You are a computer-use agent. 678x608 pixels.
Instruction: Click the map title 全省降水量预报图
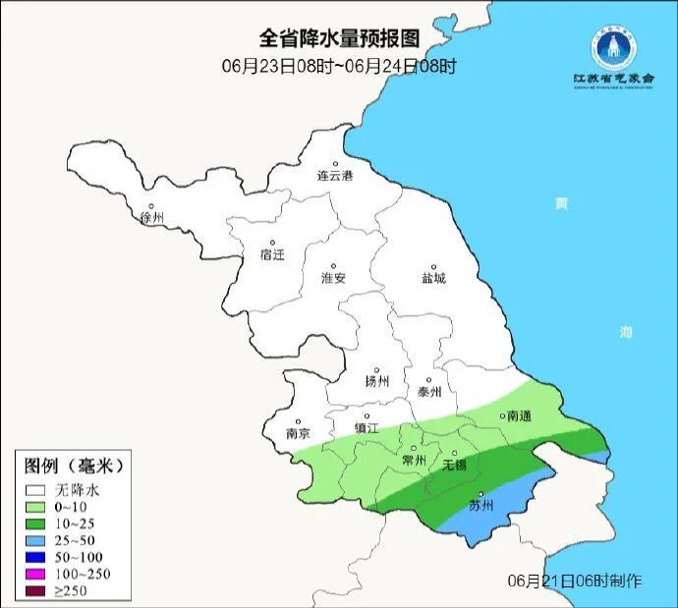(339, 38)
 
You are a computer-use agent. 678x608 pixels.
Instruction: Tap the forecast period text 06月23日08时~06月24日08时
(339, 66)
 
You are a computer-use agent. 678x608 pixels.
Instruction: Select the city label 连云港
(334, 176)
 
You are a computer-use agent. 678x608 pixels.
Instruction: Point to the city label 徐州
(152, 217)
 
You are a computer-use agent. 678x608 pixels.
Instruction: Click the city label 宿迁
(272, 254)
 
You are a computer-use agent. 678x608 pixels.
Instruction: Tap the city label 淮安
(334, 278)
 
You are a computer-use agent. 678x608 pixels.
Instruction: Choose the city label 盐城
(433, 278)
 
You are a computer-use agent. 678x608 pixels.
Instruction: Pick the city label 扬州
(377, 381)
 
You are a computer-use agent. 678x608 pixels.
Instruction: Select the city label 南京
(298, 433)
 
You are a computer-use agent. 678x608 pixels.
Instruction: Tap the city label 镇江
(367, 428)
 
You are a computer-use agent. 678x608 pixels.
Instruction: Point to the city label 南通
(519, 416)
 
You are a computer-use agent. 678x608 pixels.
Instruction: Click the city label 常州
(415, 460)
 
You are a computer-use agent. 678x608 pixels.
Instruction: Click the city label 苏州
(480, 506)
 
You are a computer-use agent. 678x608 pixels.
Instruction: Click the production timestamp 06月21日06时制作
(576, 580)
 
